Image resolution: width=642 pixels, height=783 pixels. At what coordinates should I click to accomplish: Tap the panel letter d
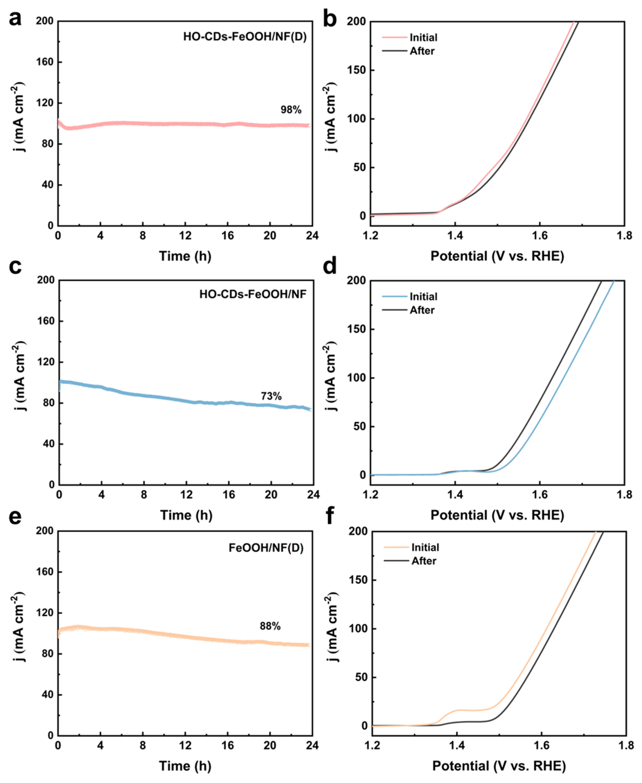330,267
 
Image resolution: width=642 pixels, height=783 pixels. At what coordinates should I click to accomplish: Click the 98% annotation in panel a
291,110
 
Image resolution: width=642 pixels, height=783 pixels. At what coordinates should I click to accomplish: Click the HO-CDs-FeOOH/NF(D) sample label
245,37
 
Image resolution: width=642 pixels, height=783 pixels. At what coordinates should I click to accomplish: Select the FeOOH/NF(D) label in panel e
266,548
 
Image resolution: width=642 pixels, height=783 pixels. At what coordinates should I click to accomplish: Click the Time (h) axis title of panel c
186,515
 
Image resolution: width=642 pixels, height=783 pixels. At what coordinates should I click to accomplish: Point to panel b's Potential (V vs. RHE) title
497,256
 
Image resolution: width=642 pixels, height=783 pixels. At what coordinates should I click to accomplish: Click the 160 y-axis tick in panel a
44,62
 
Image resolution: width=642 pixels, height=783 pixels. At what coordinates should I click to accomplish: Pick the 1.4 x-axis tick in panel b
455,236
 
